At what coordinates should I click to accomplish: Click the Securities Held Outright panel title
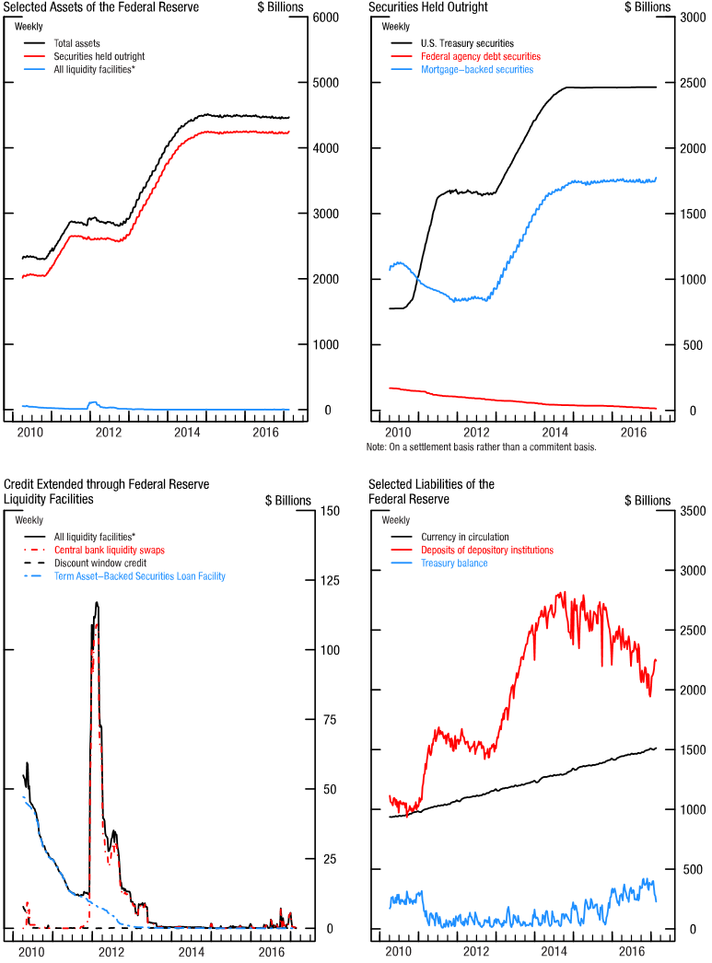pyautogui.click(x=427, y=7)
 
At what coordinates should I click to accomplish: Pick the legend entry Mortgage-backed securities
pyautogui.click(x=476, y=69)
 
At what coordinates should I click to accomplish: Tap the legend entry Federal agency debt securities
pyautogui.click(x=479, y=56)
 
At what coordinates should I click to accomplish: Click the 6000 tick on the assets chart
pyautogui.click(x=323, y=17)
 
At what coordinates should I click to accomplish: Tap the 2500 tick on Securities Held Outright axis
pyautogui.click(x=692, y=83)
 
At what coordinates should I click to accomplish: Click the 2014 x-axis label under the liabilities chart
pyautogui.click(x=554, y=950)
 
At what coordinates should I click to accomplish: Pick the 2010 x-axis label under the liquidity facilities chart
pyautogui.click(x=31, y=950)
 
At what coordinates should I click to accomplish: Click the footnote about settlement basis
pyautogui.click(x=481, y=447)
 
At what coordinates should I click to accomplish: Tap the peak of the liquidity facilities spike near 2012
pyautogui.click(x=96, y=603)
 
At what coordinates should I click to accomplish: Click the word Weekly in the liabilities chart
pyautogui.click(x=396, y=520)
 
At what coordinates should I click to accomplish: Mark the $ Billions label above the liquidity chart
pyautogui.click(x=288, y=500)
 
